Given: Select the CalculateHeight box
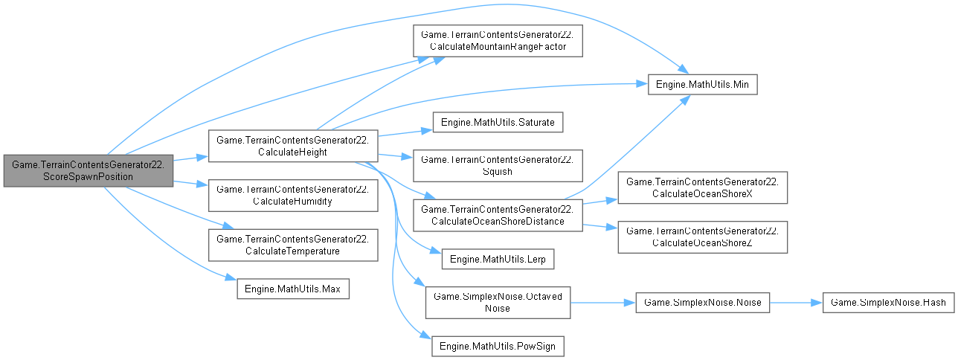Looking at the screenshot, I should [x=293, y=146].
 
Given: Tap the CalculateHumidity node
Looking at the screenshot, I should [x=293, y=196].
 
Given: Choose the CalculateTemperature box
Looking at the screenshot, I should [x=293, y=245].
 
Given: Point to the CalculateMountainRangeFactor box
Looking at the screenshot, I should [x=498, y=40].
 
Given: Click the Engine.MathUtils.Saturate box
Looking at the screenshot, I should [x=498, y=121].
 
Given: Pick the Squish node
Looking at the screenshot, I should [x=498, y=164].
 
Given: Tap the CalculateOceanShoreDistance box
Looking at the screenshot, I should [x=498, y=214].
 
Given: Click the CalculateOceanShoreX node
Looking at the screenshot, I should [x=702, y=189].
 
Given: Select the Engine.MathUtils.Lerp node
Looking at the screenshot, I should [x=498, y=260].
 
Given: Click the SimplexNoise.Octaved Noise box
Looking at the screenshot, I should [x=498, y=303].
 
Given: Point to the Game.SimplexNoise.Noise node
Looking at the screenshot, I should [x=702, y=303].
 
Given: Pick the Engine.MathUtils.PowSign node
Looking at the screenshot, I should [x=498, y=346].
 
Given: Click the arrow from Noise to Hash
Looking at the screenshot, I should [x=796, y=303].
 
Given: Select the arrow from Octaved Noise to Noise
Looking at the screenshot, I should [x=602, y=303].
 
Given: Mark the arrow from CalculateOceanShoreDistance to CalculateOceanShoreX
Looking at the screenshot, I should [x=599, y=202].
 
